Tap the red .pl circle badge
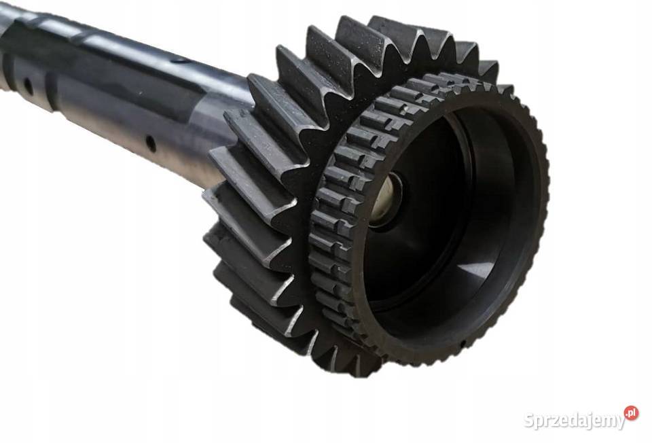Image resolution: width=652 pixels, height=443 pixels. point(631,413)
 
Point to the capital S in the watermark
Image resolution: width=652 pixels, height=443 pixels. point(529,419)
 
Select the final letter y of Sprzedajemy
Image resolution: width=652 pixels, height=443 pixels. point(620,422)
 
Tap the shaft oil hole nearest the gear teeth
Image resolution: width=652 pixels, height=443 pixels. point(151,144)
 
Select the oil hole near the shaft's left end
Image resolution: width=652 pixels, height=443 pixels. point(29,86)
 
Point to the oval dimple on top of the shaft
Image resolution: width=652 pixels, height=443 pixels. point(181,60)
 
